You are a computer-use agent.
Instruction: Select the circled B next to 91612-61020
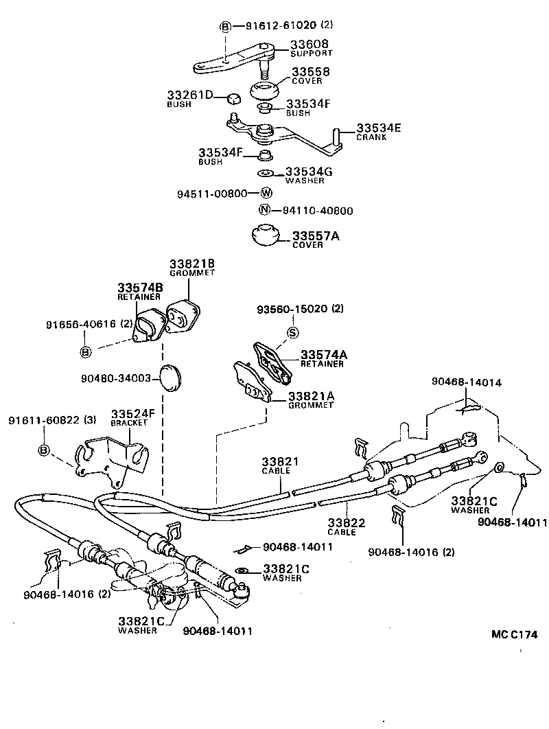[225, 27]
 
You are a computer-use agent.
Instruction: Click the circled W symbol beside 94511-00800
[266, 194]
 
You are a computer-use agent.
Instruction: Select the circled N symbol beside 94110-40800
[264, 211]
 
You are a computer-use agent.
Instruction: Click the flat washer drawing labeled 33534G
[266, 173]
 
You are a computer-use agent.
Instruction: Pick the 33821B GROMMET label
[192, 268]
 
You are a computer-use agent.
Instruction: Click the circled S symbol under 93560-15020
[292, 333]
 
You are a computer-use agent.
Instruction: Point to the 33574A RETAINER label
[321, 358]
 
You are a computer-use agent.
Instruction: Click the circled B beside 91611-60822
[44, 450]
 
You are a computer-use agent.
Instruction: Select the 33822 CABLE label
[346, 526]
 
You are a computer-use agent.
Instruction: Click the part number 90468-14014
[467, 381]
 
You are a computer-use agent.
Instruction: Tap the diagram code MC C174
[513, 634]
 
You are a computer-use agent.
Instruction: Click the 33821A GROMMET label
[311, 400]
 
